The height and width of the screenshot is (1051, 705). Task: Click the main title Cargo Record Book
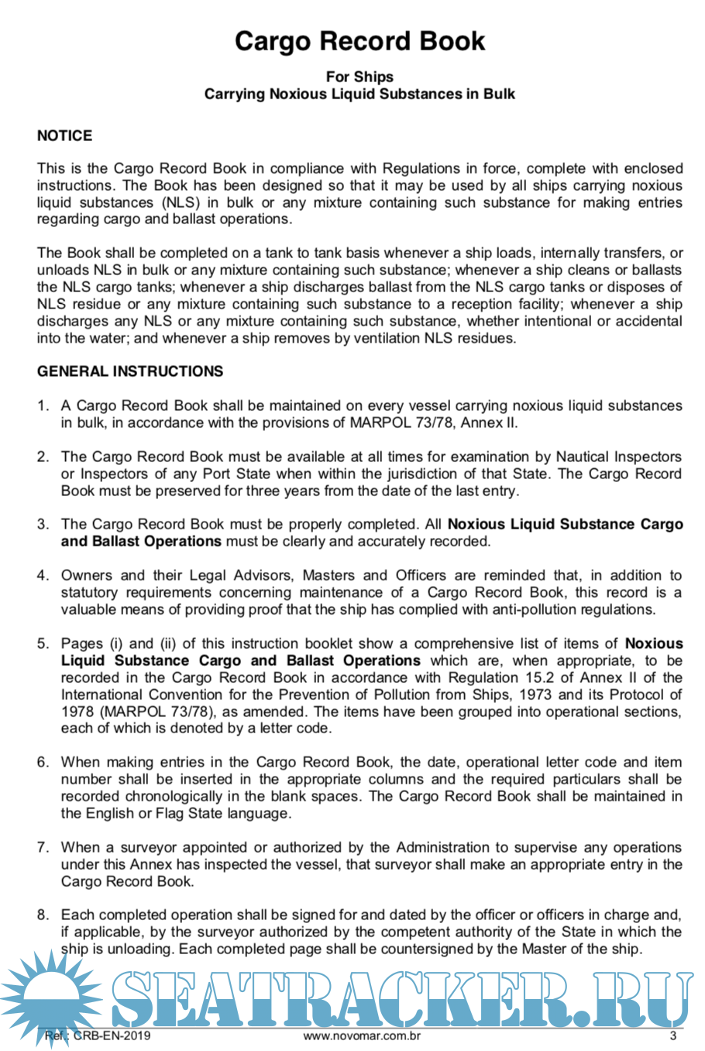(x=359, y=41)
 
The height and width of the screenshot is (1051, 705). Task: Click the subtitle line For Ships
(x=359, y=77)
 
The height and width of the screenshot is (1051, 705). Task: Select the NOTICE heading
(x=64, y=136)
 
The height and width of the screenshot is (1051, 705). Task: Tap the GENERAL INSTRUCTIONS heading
(x=130, y=371)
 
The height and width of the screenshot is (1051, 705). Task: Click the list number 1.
(x=43, y=405)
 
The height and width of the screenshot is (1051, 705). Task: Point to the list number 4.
(x=43, y=575)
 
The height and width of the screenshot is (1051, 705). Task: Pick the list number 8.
(x=43, y=915)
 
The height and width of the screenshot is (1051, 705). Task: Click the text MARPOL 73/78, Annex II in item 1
(x=433, y=422)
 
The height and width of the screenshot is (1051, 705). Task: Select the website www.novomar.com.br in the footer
(x=362, y=1035)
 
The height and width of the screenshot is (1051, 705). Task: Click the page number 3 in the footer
(x=673, y=1035)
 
